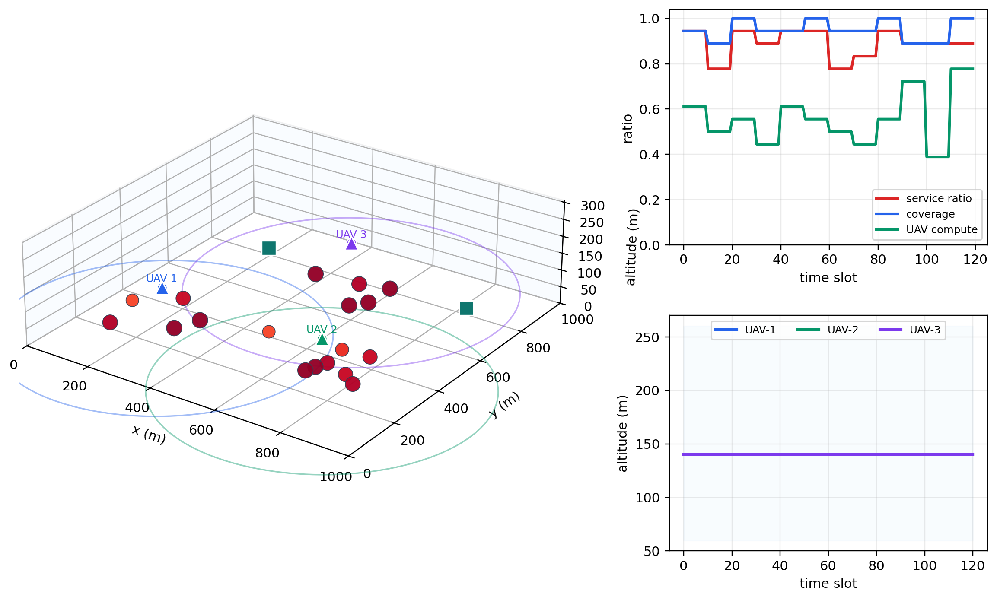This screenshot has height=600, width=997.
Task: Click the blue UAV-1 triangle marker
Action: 162,289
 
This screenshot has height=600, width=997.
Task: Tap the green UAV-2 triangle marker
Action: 322,340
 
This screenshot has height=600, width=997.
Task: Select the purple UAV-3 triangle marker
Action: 352,244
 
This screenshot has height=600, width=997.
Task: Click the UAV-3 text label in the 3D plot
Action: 351,234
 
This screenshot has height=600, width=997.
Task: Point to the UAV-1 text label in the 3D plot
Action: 161,279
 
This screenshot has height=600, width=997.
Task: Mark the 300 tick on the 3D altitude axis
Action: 592,206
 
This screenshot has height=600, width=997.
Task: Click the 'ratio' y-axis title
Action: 628,129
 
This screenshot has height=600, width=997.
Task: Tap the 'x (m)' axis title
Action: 149,435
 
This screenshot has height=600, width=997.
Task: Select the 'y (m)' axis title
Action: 505,405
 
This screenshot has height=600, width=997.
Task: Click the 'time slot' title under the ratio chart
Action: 828,277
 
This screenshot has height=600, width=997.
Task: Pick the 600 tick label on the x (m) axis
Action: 201,430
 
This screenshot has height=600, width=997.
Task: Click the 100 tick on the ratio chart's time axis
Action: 927,260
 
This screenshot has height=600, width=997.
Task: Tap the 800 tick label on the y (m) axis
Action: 538,348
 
